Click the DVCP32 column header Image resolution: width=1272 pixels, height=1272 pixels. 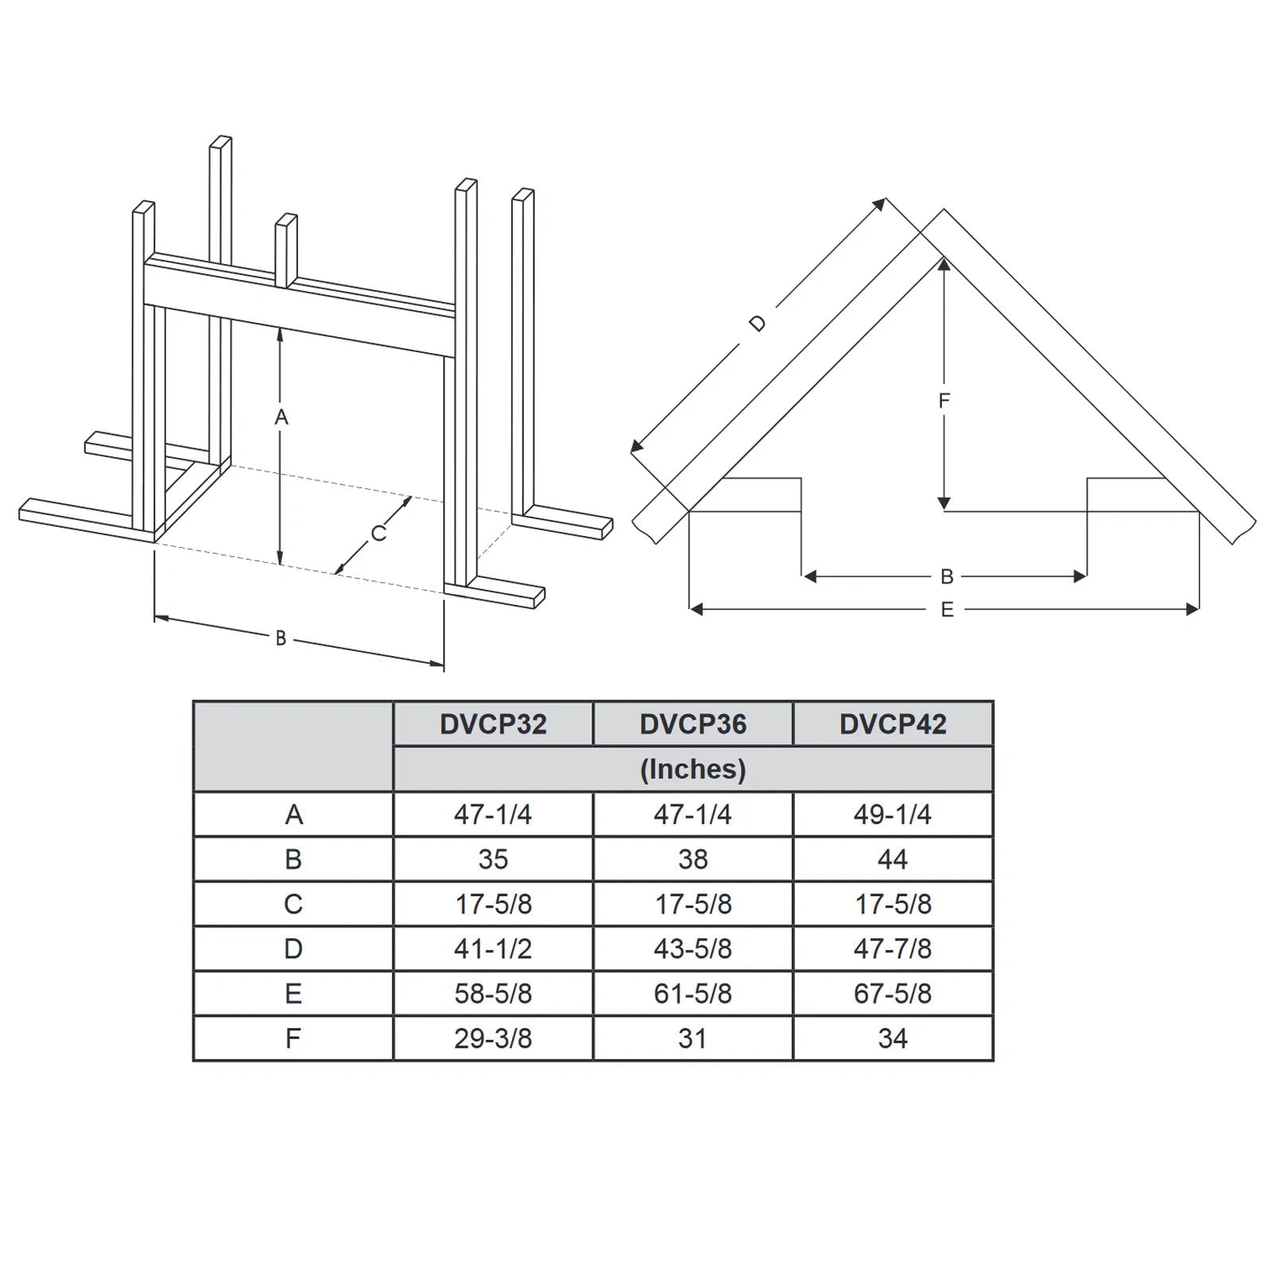[x=493, y=724]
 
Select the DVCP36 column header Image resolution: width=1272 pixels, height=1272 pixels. [x=693, y=724]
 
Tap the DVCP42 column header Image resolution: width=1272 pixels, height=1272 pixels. [x=893, y=724]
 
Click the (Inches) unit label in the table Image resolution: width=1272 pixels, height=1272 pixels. [x=693, y=770]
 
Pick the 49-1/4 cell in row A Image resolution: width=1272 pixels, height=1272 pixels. [x=893, y=814]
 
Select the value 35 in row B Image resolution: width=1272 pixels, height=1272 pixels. [x=493, y=859]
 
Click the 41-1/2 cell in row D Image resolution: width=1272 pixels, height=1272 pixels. [x=493, y=948]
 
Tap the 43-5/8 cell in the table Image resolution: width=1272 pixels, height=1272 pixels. [x=693, y=948]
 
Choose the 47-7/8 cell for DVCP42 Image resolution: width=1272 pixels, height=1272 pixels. [x=893, y=948]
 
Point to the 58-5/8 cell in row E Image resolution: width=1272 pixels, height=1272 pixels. [x=493, y=994]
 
